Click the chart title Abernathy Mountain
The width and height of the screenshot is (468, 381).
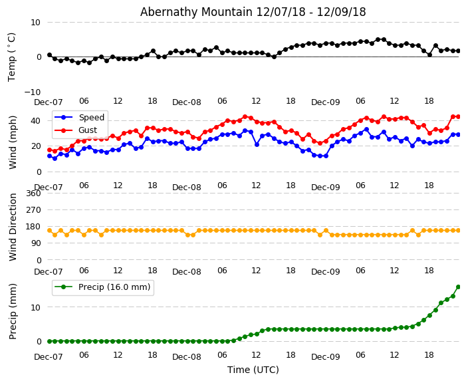coord(253,12)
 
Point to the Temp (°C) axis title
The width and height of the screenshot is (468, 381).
coord(12,57)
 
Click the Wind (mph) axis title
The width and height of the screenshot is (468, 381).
coord(13,142)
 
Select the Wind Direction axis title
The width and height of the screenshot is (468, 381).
coord(13,227)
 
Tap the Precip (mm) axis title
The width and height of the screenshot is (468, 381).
coord(13,311)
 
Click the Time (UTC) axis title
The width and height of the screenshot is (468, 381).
coord(253,370)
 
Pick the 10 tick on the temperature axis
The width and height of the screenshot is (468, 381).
coord(35,22)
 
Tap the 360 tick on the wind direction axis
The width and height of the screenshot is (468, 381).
coord(33,193)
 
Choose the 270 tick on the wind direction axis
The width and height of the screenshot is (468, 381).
coord(33,209)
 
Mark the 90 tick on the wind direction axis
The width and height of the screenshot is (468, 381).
coord(35,243)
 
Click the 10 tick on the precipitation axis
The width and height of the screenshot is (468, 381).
coord(35,307)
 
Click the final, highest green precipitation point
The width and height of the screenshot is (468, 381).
coord(458,287)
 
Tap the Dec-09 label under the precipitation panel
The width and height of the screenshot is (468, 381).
coord(325,357)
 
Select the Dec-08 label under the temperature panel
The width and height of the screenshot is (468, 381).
coord(187,103)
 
